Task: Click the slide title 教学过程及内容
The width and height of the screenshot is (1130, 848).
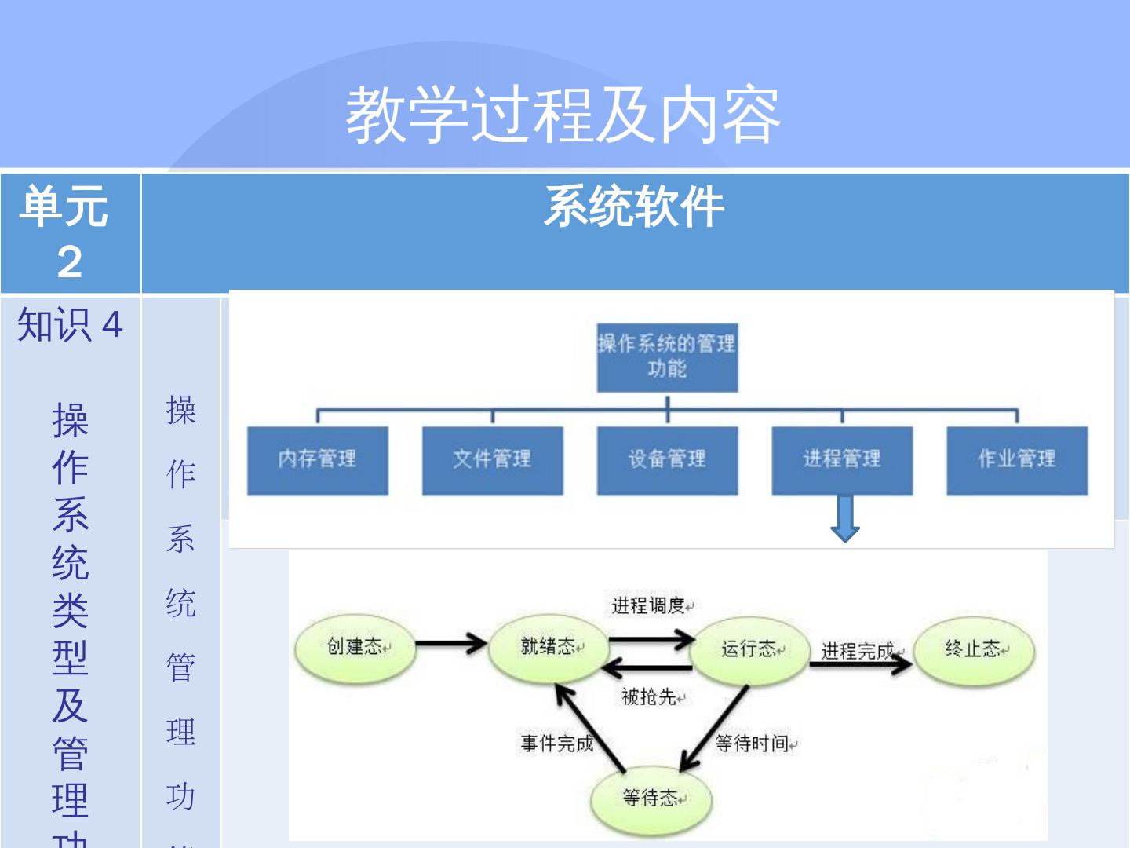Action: tap(563, 115)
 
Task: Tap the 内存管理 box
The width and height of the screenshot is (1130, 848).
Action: tap(317, 460)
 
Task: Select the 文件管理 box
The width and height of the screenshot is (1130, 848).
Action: tap(492, 460)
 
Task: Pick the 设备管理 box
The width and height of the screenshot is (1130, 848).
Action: tap(667, 460)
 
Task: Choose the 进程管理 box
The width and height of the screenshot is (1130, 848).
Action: tap(842, 460)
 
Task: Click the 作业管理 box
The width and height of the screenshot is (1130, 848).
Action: tap(1017, 460)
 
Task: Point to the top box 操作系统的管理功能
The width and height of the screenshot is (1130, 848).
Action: tap(667, 357)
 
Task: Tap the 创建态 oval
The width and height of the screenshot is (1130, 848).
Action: tap(355, 648)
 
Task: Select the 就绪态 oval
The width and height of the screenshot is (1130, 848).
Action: tap(548, 648)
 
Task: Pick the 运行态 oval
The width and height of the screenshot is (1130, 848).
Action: tap(749, 649)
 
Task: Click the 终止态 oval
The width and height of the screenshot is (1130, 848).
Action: tap(974, 650)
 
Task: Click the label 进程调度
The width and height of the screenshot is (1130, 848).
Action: tap(649, 605)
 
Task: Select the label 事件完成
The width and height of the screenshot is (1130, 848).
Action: tap(556, 744)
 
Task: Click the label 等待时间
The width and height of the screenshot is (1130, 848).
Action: tap(752, 744)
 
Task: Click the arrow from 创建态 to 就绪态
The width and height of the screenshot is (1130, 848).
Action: tap(450, 645)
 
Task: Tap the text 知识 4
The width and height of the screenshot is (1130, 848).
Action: tap(70, 325)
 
